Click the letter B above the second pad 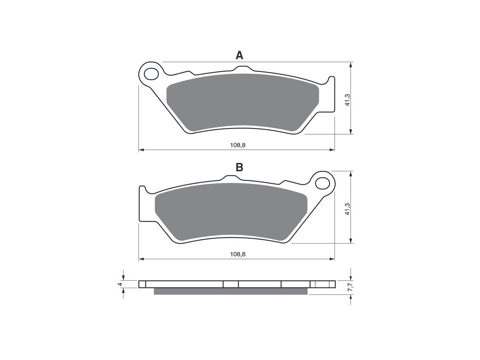pyautogui.click(x=239, y=167)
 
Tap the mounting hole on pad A pyautogui.click(x=151, y=74)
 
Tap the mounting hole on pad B pyautogui.click(x=323, y=183)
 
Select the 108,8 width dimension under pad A pyautogui.click(x=238, y=145)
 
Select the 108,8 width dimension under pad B pyautogui.click(x=238, y=254)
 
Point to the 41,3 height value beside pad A pyautogui.click(x=347, y=100)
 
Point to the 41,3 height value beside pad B pyautogui.click(x=347, y=209)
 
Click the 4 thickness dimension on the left pyautogui.click(x=120, y=284)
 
